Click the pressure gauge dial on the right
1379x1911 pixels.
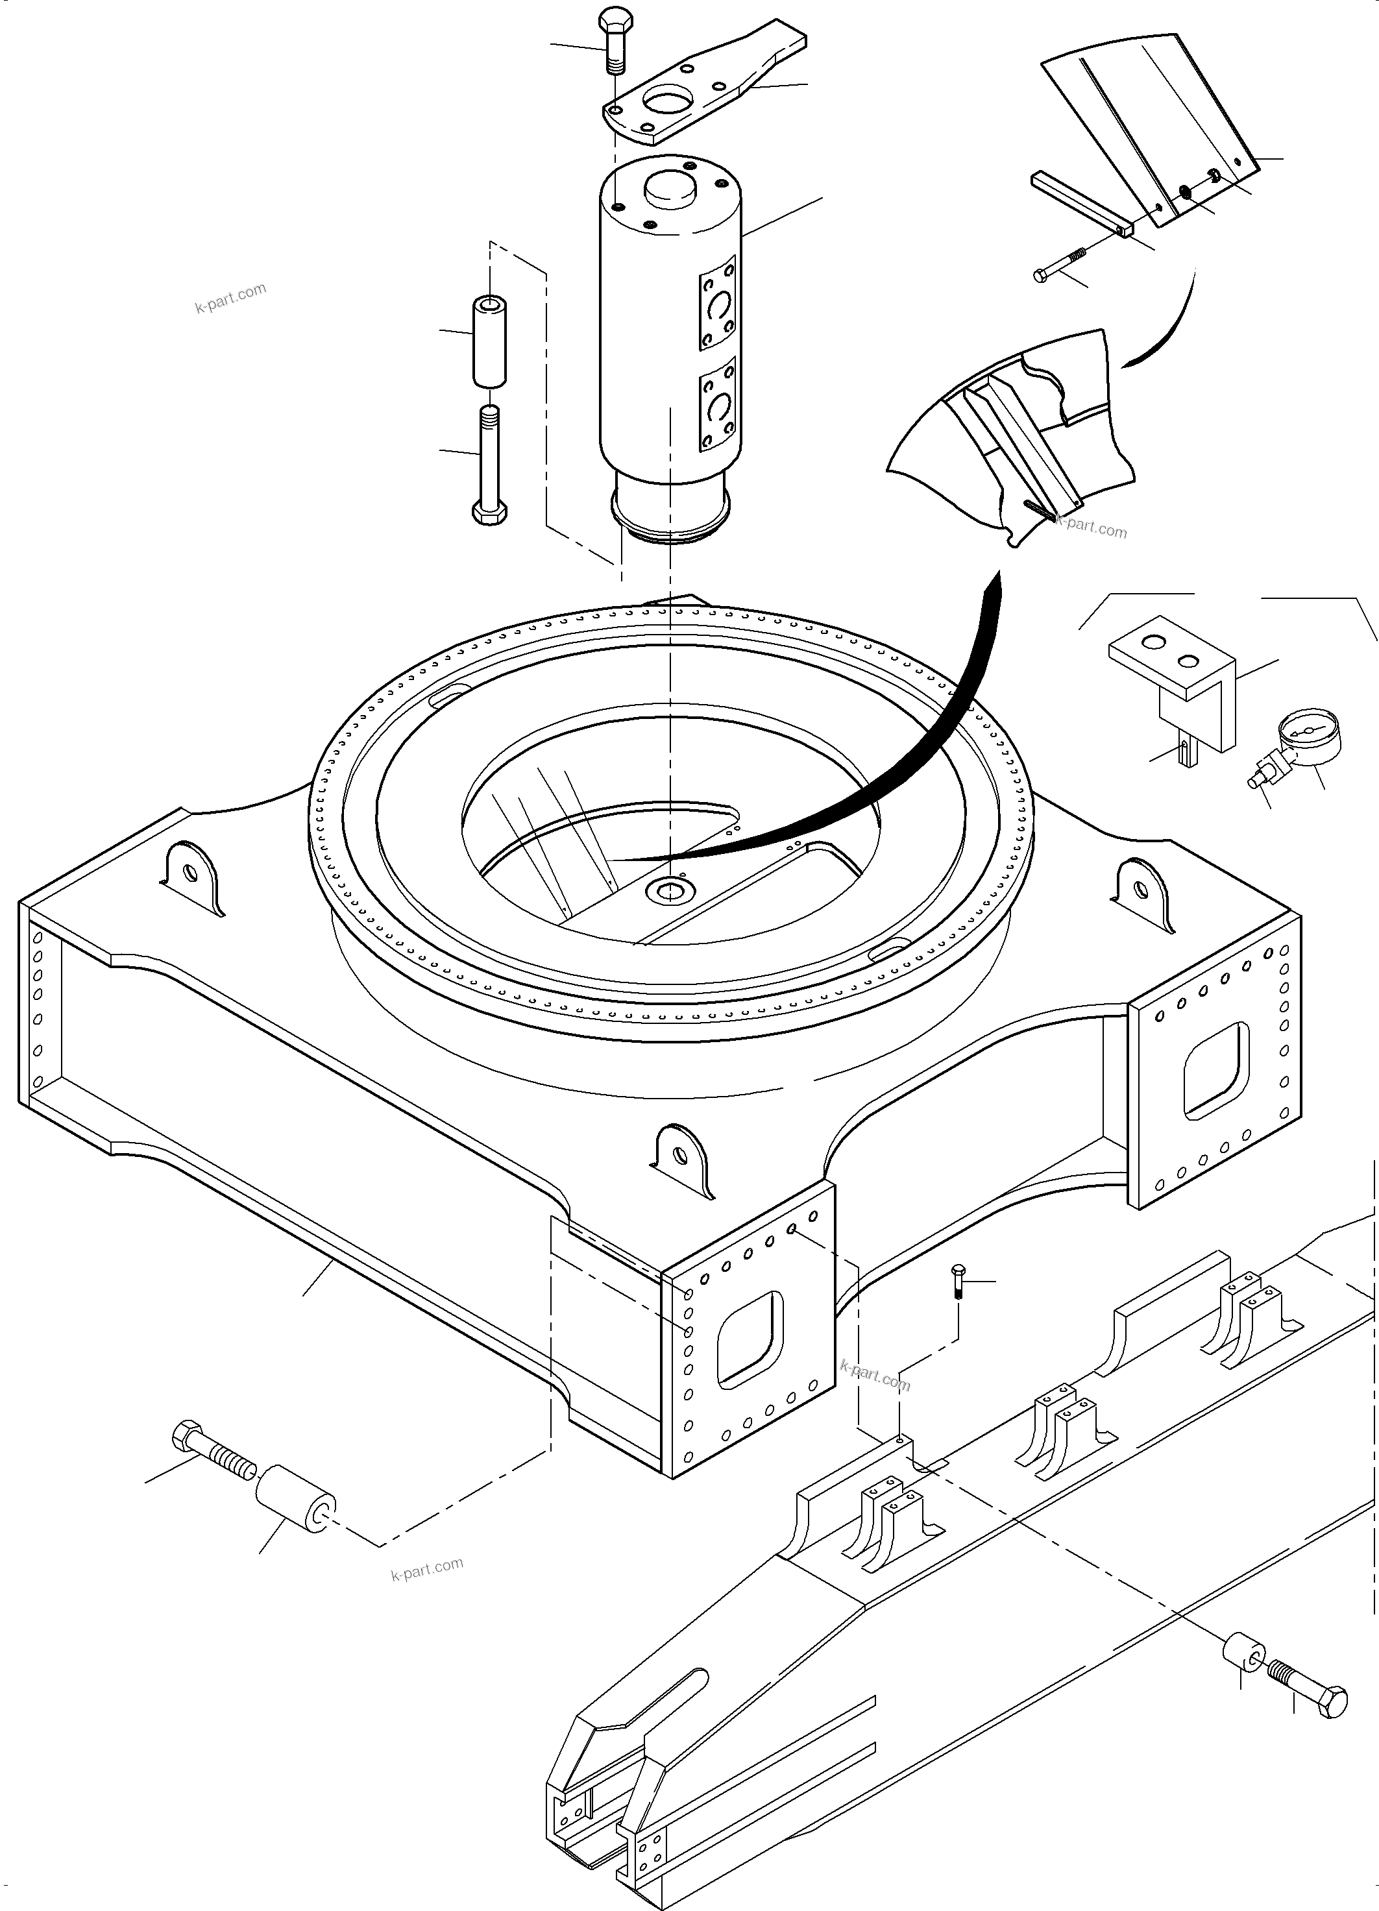click(x=1305, y=731)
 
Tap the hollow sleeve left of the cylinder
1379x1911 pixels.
click(x=489, y=341)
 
